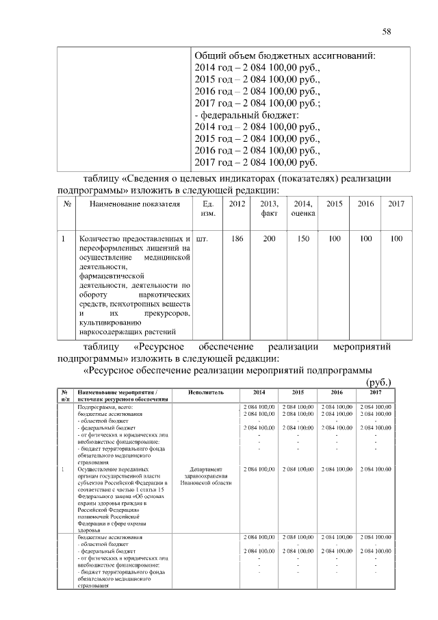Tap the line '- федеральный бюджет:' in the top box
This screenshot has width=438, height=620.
click(x=247, y=115)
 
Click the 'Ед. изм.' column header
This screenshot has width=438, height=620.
click(x=209, y=209)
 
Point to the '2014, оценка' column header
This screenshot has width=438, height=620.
click(x=302, y=209)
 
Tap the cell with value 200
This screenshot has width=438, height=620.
click(x=269, y=240)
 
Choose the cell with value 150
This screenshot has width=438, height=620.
click(x=302, y=240)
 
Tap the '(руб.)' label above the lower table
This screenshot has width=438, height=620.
click(x=378, y=382)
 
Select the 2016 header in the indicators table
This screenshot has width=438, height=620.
click(x=366, y=204)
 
